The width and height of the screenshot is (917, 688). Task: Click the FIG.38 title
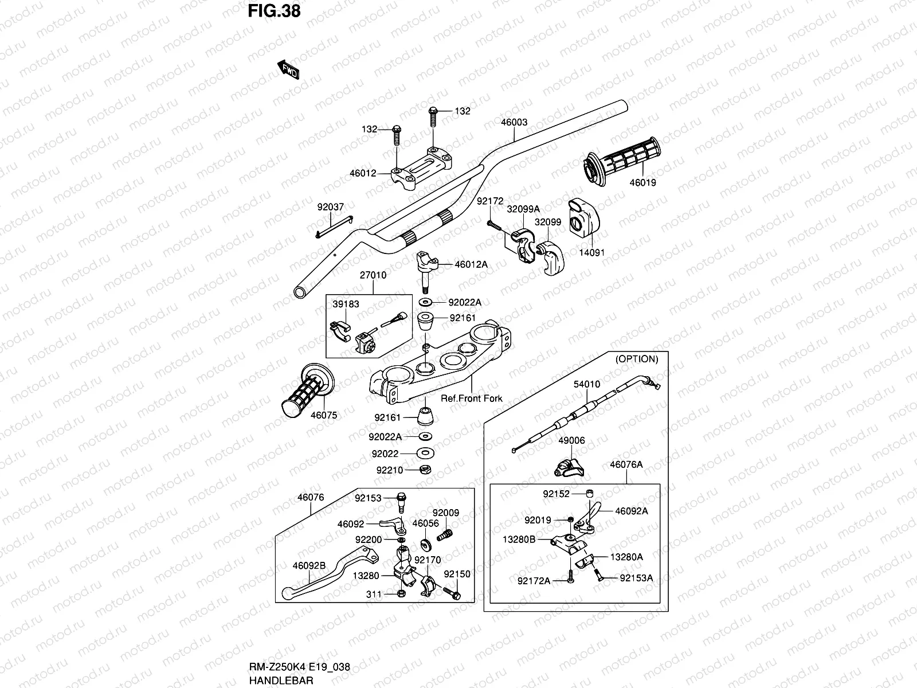pos(274,11)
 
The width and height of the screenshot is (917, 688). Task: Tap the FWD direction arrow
pos(289,70)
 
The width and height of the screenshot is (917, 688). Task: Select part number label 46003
pos(514,122)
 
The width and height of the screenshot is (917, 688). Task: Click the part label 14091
pos(591,252)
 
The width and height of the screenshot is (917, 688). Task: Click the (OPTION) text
pos(637,359)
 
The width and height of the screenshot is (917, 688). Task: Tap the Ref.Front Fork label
pos(471,398)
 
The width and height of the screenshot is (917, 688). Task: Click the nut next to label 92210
pos(426,470)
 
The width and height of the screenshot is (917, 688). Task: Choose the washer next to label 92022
pos(426,454)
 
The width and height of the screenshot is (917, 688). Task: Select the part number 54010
pos(587,384)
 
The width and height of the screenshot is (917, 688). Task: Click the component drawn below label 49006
pos(570,467)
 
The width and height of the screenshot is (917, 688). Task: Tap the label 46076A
pos(626,465)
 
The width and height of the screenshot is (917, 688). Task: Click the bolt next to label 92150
pos(454,595)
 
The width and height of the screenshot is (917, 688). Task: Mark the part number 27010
pos(373,275)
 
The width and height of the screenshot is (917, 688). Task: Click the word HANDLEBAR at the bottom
pos(281,681)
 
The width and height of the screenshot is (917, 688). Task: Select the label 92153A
pos(636,578)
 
